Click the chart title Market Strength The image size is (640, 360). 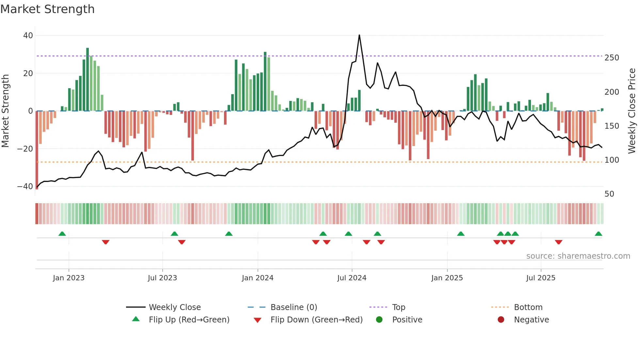point(47,9)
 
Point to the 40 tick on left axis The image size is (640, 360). point(28,35)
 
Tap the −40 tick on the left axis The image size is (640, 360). point(25,187)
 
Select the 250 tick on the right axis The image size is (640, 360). point(612,58)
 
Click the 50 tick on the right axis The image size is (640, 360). point(609,194)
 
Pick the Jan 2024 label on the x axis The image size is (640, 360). point(258,278)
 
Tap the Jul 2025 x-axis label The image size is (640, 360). point(541,278)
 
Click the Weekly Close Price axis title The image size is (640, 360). point(632,111)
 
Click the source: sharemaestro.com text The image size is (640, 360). point(578,256)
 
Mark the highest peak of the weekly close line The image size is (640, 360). point(359,35)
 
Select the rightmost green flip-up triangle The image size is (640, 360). point(598,234)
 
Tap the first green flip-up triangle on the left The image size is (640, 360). point(62,234)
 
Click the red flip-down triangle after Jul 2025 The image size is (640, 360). point(558,242)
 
